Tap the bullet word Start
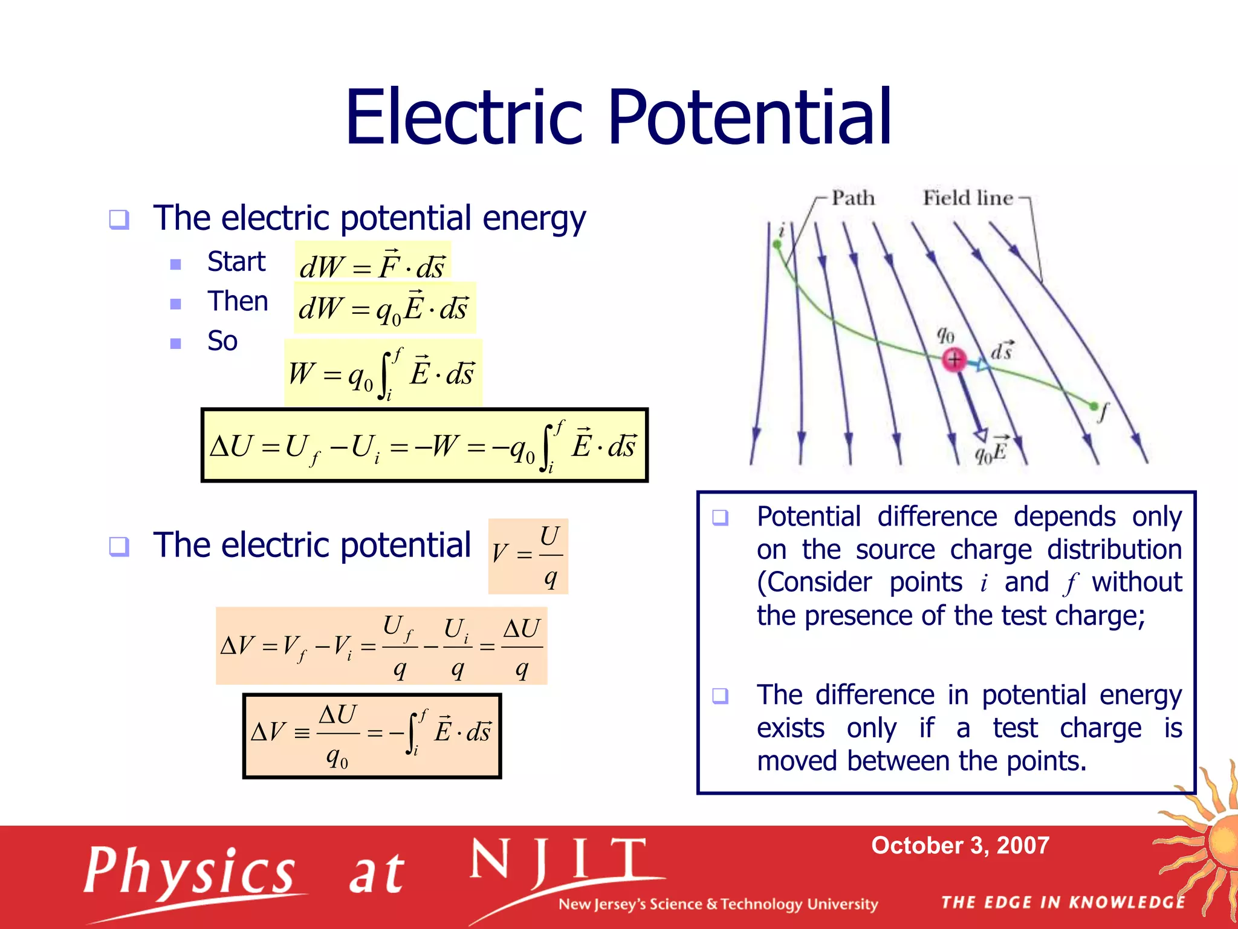pyautogui.click(x=236, y=262)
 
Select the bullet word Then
pyautogui.click(x=238, y=301)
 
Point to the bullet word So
pyautogui.click(x=222, y=341)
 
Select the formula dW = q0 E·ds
pyautogui.click(x=384, y=308)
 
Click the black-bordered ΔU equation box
pyautogui.click(x=424, y=446)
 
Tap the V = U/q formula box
pyautogui.click(x=528, y=556)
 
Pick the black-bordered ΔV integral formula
pyautogui.click(x=372, y=735)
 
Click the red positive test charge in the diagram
pyautogui.click(x=954, y=360)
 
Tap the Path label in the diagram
pyautogui.click(x=852, y=198)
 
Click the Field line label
pyautogui.click(x=967, y=198)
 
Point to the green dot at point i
pyautogui.click(x=777, y=244)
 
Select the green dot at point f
pyautogui.click(x=1093, y=406)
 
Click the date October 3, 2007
pyautogui.click(x=960, y=846)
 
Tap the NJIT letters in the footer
pyautogui.click(x=559, y=862)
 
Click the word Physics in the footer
pyautogui.click(x=189, y=872)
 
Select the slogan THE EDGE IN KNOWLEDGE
pyautogui.click(x=1063, y=902)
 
